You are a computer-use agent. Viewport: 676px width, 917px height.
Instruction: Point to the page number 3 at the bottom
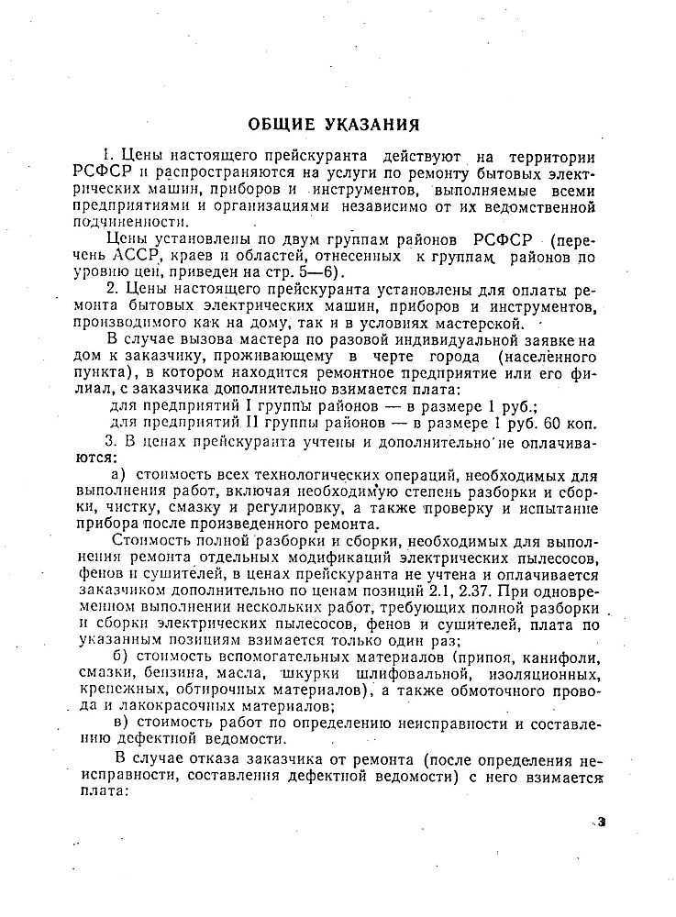pyautogui.click(x=602, y=821)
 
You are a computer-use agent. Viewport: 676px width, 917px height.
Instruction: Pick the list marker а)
pyautogui.click(x=117, y=474)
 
